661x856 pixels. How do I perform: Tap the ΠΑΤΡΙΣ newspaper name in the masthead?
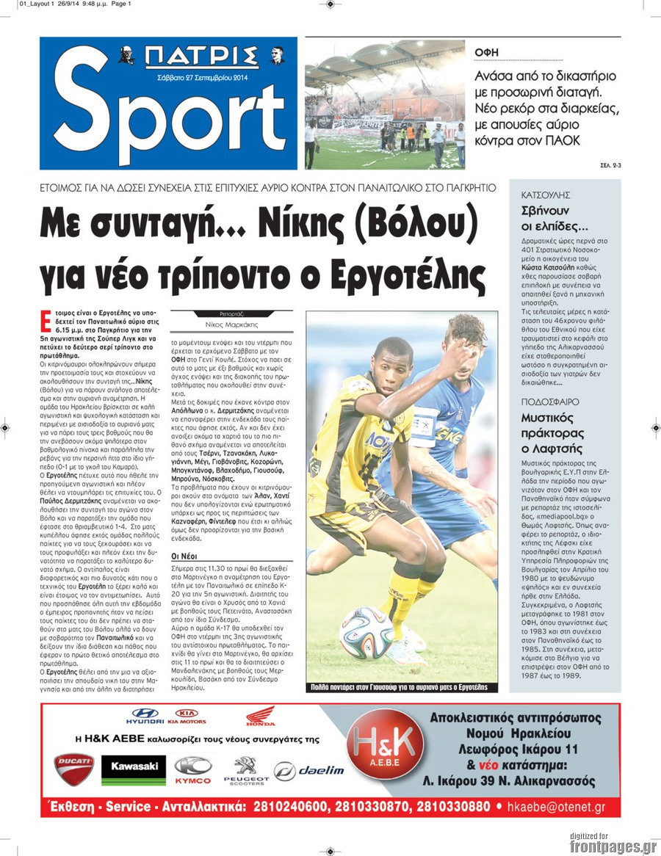(201, 56)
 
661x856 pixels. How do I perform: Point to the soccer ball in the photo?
(367, 632)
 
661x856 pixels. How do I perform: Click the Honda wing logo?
(261, 716)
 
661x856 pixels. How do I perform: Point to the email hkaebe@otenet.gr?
(560, 807)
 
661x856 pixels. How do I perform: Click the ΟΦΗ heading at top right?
(486, 52)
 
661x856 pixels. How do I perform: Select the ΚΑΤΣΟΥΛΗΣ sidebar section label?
(546, 195)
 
